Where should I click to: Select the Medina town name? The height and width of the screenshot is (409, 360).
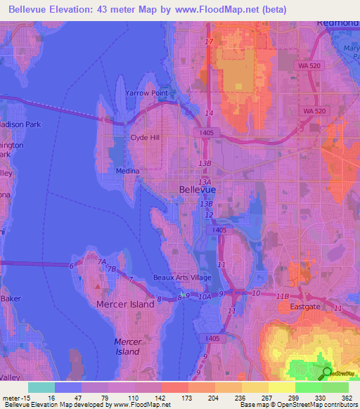click(x=128, y=171)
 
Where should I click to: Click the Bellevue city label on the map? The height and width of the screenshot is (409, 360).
click(x=198, y=190)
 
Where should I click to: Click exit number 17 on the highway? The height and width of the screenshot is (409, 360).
click(x=209, y=43)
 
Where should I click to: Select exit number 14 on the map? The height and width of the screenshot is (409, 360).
click(x=209, y=113)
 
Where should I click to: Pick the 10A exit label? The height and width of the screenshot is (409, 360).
click(x=205, y=298)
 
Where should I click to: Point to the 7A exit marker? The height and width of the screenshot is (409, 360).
click(x=102, y=261)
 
